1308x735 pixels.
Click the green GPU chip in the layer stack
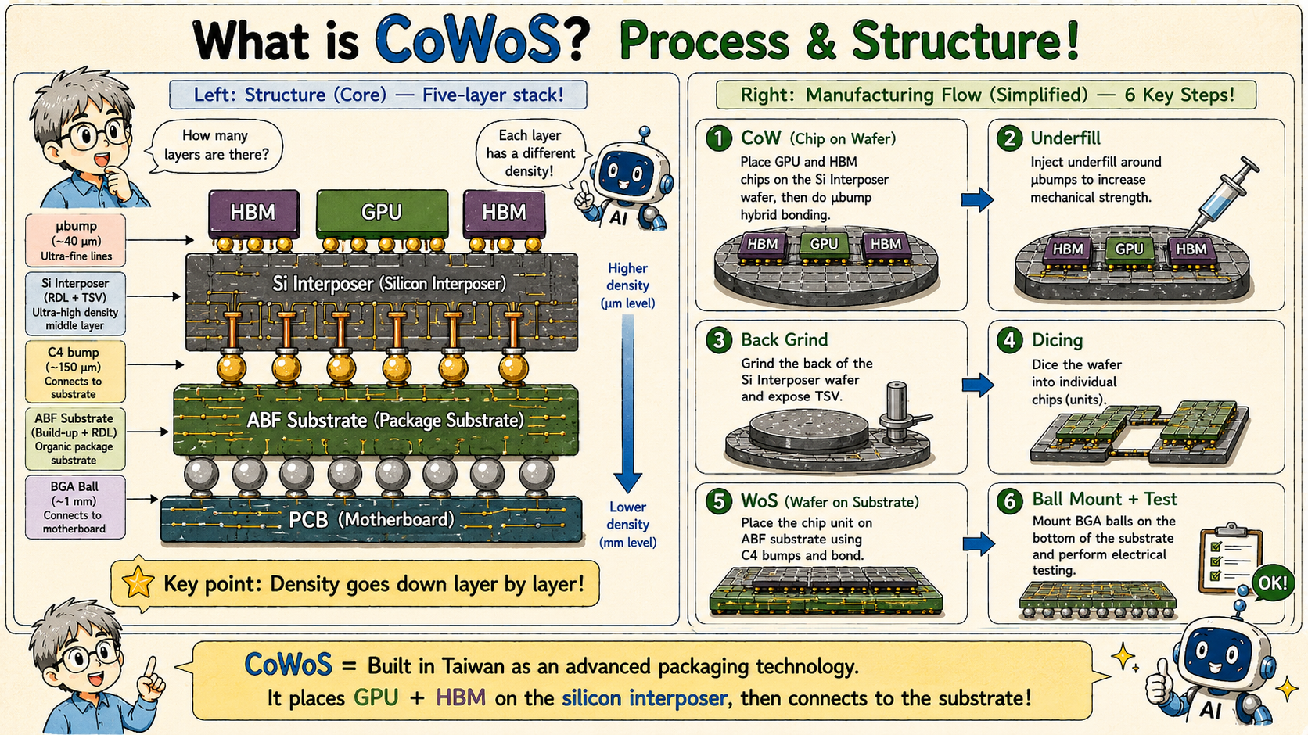point(382,213)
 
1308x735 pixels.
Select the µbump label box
point(75,241)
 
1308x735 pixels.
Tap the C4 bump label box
point(75,372)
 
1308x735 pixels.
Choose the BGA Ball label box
point(75,507)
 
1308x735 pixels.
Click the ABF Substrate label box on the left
point(75,439)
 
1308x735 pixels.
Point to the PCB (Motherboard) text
point(372,519)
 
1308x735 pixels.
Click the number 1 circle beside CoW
point(719,139)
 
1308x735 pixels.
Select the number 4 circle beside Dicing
point(1010,340)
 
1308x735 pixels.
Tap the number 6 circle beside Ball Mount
point(1010,501)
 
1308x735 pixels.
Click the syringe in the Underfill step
point(1224,196)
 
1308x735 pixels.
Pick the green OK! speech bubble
point(1272,583)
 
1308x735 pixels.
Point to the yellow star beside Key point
point(138,583)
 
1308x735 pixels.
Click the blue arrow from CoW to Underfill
point(978,199)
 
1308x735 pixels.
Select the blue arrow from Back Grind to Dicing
point(978,385)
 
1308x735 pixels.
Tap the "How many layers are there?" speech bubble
point(215,146)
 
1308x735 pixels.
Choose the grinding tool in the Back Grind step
point(901,414)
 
